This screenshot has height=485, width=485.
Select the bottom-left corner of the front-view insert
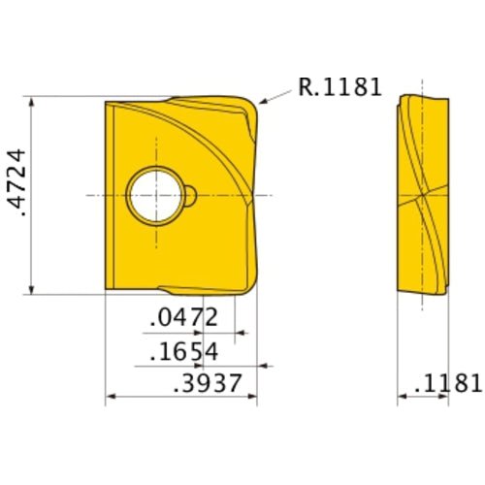tap(106, 288)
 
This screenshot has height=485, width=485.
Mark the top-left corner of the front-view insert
tap(106, 100)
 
